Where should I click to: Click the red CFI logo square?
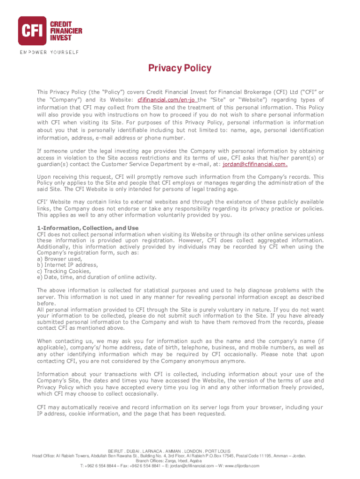pos(32,30)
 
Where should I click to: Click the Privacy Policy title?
pos(180,68)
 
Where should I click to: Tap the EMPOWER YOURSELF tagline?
pos(49,52)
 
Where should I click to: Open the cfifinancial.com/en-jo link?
pos(167,100)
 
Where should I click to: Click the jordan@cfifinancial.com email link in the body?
pos(255,164)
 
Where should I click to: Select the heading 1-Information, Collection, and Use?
pos(88,228)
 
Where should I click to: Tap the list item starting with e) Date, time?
pos(97,277)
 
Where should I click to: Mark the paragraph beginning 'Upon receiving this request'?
pos(180,183)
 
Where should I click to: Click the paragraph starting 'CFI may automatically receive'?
pos(180,411)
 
